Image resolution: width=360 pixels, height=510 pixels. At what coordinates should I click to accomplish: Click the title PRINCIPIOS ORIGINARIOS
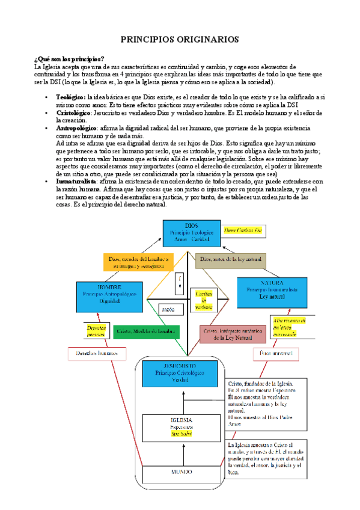180,39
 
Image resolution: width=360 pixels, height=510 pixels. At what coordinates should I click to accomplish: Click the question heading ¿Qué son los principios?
69,58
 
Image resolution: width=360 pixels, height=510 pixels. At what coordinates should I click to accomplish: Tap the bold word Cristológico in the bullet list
74,112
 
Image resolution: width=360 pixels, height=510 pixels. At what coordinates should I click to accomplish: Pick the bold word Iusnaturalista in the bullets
78,182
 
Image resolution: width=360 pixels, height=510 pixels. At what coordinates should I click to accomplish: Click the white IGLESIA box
182,425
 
